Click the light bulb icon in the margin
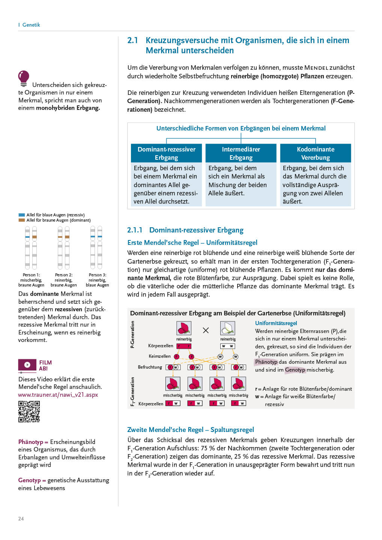tap(24, 78)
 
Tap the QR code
tap(29, 412)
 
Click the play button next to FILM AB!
tap(27, 365)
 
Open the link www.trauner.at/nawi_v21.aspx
tap(58, 394)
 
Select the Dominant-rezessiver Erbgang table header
tap(166, 153)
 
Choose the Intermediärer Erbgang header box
tap(241, 153)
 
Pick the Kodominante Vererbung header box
tap(316, 153)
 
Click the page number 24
tap(21, 519)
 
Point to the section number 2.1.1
tap(135, 230)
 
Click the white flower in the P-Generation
tap(228, 328)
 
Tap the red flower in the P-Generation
tap(184, 328)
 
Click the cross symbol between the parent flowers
tap(206, 330)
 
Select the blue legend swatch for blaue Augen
tap(22, 215)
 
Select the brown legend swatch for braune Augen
tap(22, 220)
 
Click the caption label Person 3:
tap(97, 275)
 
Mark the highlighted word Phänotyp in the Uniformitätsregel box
tap(266, 362)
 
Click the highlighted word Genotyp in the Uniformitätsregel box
tap(295, 370)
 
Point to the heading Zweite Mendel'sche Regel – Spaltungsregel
tap(191, 430)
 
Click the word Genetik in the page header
tap(31, 25)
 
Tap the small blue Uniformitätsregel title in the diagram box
tap(276, 323)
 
